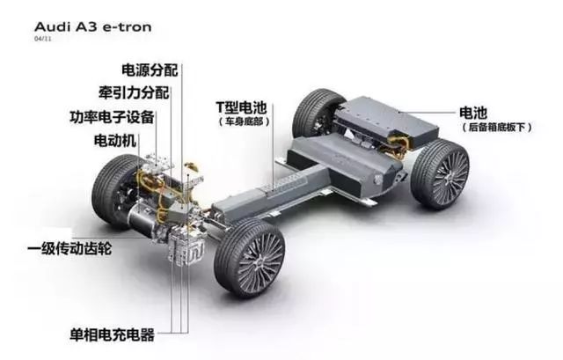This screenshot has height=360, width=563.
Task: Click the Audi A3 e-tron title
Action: (92, 26)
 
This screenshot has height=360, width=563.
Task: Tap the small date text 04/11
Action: (43, 39)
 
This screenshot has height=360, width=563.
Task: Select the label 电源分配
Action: (150, 70)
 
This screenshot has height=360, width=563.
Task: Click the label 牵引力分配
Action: (134, 92)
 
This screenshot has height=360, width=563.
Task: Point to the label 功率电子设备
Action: (112, 117)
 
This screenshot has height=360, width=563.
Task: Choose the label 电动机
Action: (115, 140)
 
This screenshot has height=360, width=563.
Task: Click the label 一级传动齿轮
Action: (69, 248)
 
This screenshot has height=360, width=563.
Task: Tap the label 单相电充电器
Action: (113, 334)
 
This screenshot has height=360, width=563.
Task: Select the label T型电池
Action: (241, 107)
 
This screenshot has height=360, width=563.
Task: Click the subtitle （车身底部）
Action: (244, 121)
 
